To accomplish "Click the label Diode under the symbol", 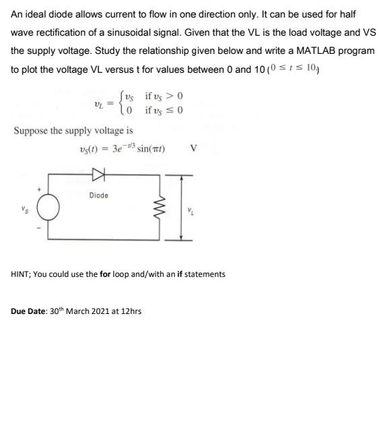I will tap(98, 195).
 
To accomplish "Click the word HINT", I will tap(22, 274).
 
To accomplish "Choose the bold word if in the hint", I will tap(180, 274).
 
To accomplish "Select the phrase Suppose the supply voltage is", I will tap(73, 130).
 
